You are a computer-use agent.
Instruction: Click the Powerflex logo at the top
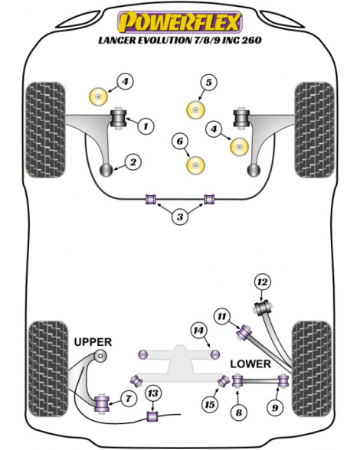180,21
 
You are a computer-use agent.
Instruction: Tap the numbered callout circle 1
146,126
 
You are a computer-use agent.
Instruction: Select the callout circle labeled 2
133,162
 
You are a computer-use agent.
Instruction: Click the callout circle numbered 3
180,217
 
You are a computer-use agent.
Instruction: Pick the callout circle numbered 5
208,83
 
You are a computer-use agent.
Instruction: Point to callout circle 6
180,141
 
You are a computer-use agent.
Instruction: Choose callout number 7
128,398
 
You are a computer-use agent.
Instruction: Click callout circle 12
262,282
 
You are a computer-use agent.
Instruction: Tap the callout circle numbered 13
153,393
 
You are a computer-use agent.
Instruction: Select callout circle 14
198,331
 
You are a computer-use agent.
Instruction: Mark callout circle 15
210,405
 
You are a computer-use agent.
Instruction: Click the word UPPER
93,342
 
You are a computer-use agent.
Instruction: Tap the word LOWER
250,364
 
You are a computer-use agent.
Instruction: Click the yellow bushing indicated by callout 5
195,110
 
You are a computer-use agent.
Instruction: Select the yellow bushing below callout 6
195,165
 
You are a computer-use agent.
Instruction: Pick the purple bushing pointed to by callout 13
152,416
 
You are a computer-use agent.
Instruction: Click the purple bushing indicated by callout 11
244,332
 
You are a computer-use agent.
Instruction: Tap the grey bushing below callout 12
263,308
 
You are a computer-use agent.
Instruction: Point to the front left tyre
45,130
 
